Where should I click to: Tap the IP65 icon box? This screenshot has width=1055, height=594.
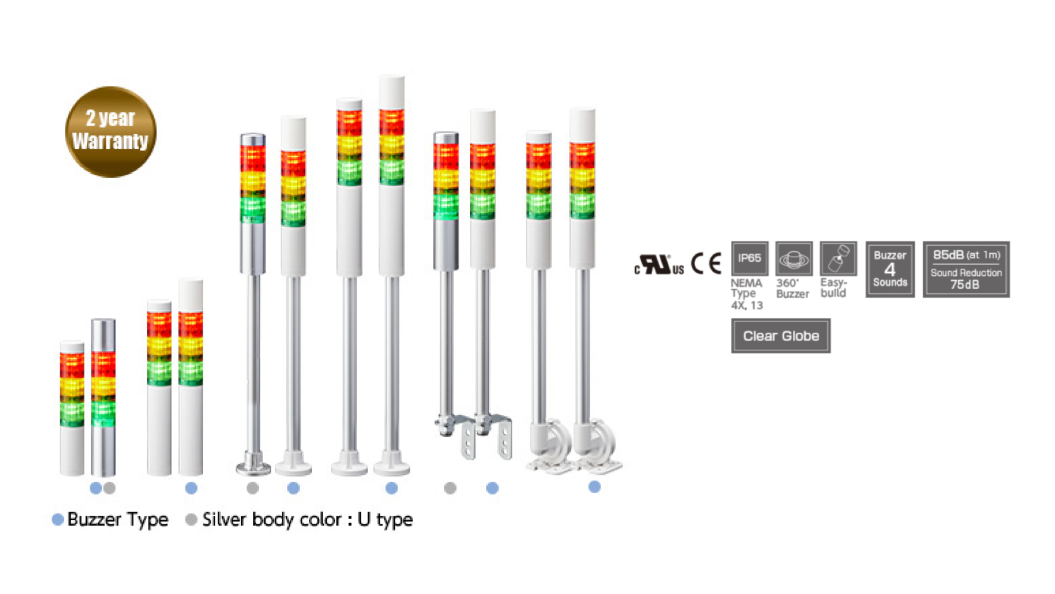tap(749, 258)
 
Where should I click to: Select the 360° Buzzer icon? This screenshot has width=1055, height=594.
tap(793, 258)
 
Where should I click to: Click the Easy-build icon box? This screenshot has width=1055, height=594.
tap(838, 258)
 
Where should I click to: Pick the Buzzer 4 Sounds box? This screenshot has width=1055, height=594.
tap(890, 269)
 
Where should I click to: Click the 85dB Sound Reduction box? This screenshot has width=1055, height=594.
tap(965, 269)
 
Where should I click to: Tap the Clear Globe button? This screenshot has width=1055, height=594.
tap(780, 335)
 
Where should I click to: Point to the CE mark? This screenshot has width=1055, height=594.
tap(706, 263)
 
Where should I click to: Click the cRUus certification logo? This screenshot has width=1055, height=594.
tap(659, 265)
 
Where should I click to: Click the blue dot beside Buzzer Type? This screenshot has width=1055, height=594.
tap(58, 519)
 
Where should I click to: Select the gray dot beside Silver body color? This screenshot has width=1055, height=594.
tap(191, 519)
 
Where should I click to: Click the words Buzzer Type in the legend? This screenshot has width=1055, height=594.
tap(118, 519)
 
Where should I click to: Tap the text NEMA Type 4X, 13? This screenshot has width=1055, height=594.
tap(746, 294)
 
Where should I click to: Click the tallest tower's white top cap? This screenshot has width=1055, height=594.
tap(392, 92)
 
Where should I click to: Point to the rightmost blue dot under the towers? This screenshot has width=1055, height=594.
tap(594, 487)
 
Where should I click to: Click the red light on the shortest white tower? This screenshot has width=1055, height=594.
tap(72, 365)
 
